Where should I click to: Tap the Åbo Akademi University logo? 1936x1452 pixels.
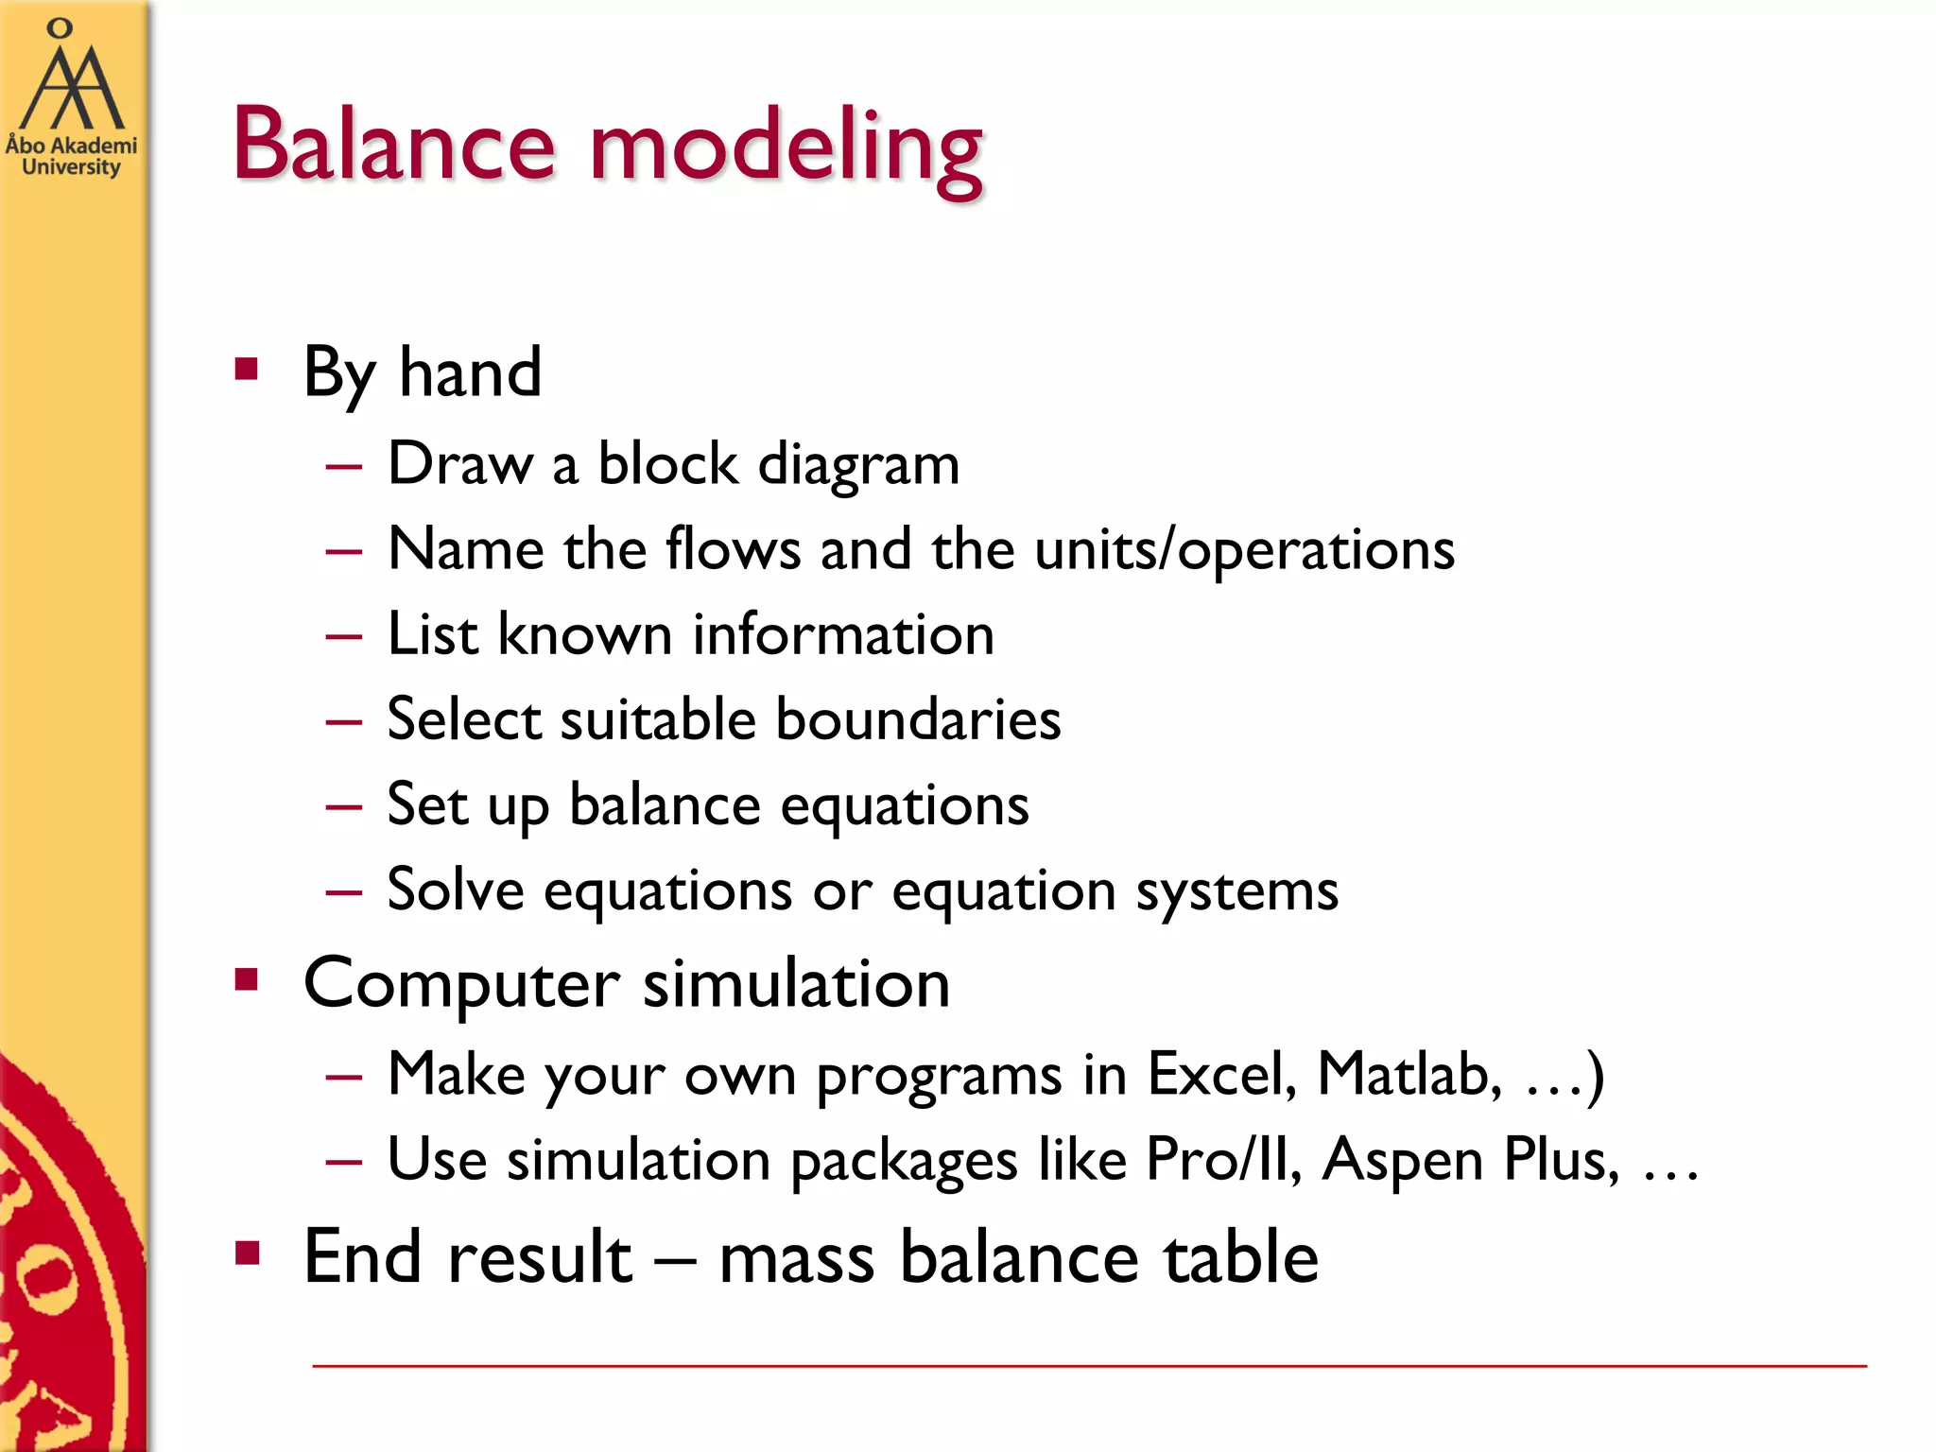(x=70, y=99)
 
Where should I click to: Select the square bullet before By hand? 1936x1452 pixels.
(x=247, y=369)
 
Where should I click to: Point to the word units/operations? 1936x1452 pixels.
(x=1244, y=550)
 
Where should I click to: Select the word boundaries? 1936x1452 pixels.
(x=918, y=719)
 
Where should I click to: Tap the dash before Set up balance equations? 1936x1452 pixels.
(x=343, y=806)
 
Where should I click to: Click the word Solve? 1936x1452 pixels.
(x=456, y=890)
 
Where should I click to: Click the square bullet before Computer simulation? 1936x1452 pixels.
(x=247, y=980)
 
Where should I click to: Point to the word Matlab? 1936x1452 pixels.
(x=1409, y=1075)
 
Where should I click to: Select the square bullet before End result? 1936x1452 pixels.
(x=247, y=1253)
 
